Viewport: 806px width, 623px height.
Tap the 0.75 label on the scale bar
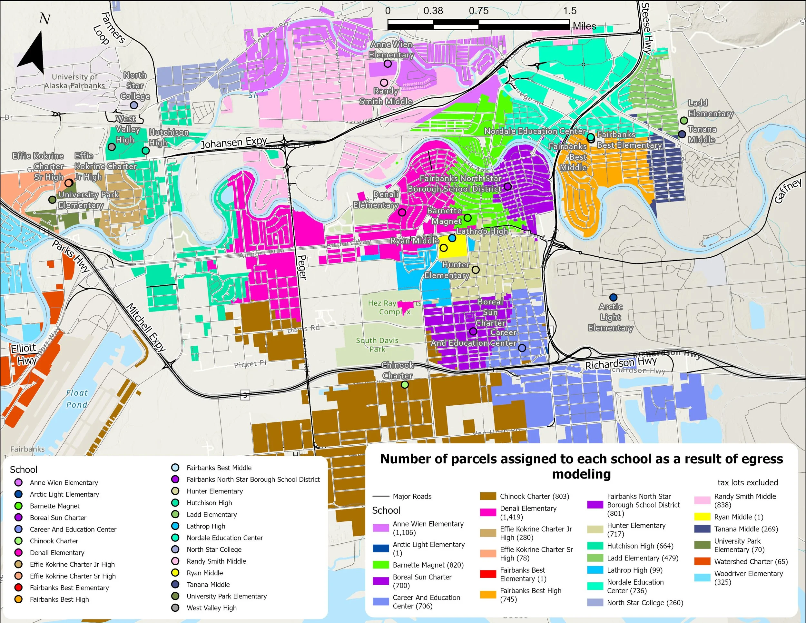(x=478, y=11)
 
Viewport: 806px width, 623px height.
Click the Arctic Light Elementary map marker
(x=613, y=297)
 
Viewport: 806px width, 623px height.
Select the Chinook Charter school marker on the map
(x=405, y=385)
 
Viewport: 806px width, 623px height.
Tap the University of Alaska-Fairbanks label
(x=74, y=81)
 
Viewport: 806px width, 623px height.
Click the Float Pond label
(x=77, y=399)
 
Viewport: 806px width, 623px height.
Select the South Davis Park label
(x=377, y=344)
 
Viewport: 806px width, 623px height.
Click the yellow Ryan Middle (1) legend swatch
(x=702, y=517)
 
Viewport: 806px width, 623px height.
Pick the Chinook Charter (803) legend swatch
(x=487, y=496)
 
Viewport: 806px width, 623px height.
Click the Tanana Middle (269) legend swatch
(x=702, y=529)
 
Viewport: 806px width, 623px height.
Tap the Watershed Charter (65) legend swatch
(x=702, y=561)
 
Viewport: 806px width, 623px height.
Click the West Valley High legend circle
(x=175, y=608)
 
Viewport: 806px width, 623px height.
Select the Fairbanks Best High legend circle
(x=18, y=599)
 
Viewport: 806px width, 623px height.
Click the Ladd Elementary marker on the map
(x=683, y=120)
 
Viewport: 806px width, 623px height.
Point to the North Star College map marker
(x=134, y=105)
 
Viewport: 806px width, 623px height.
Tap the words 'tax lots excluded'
(x=747, y=482)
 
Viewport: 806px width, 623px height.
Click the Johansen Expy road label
(x=234, y=143)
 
